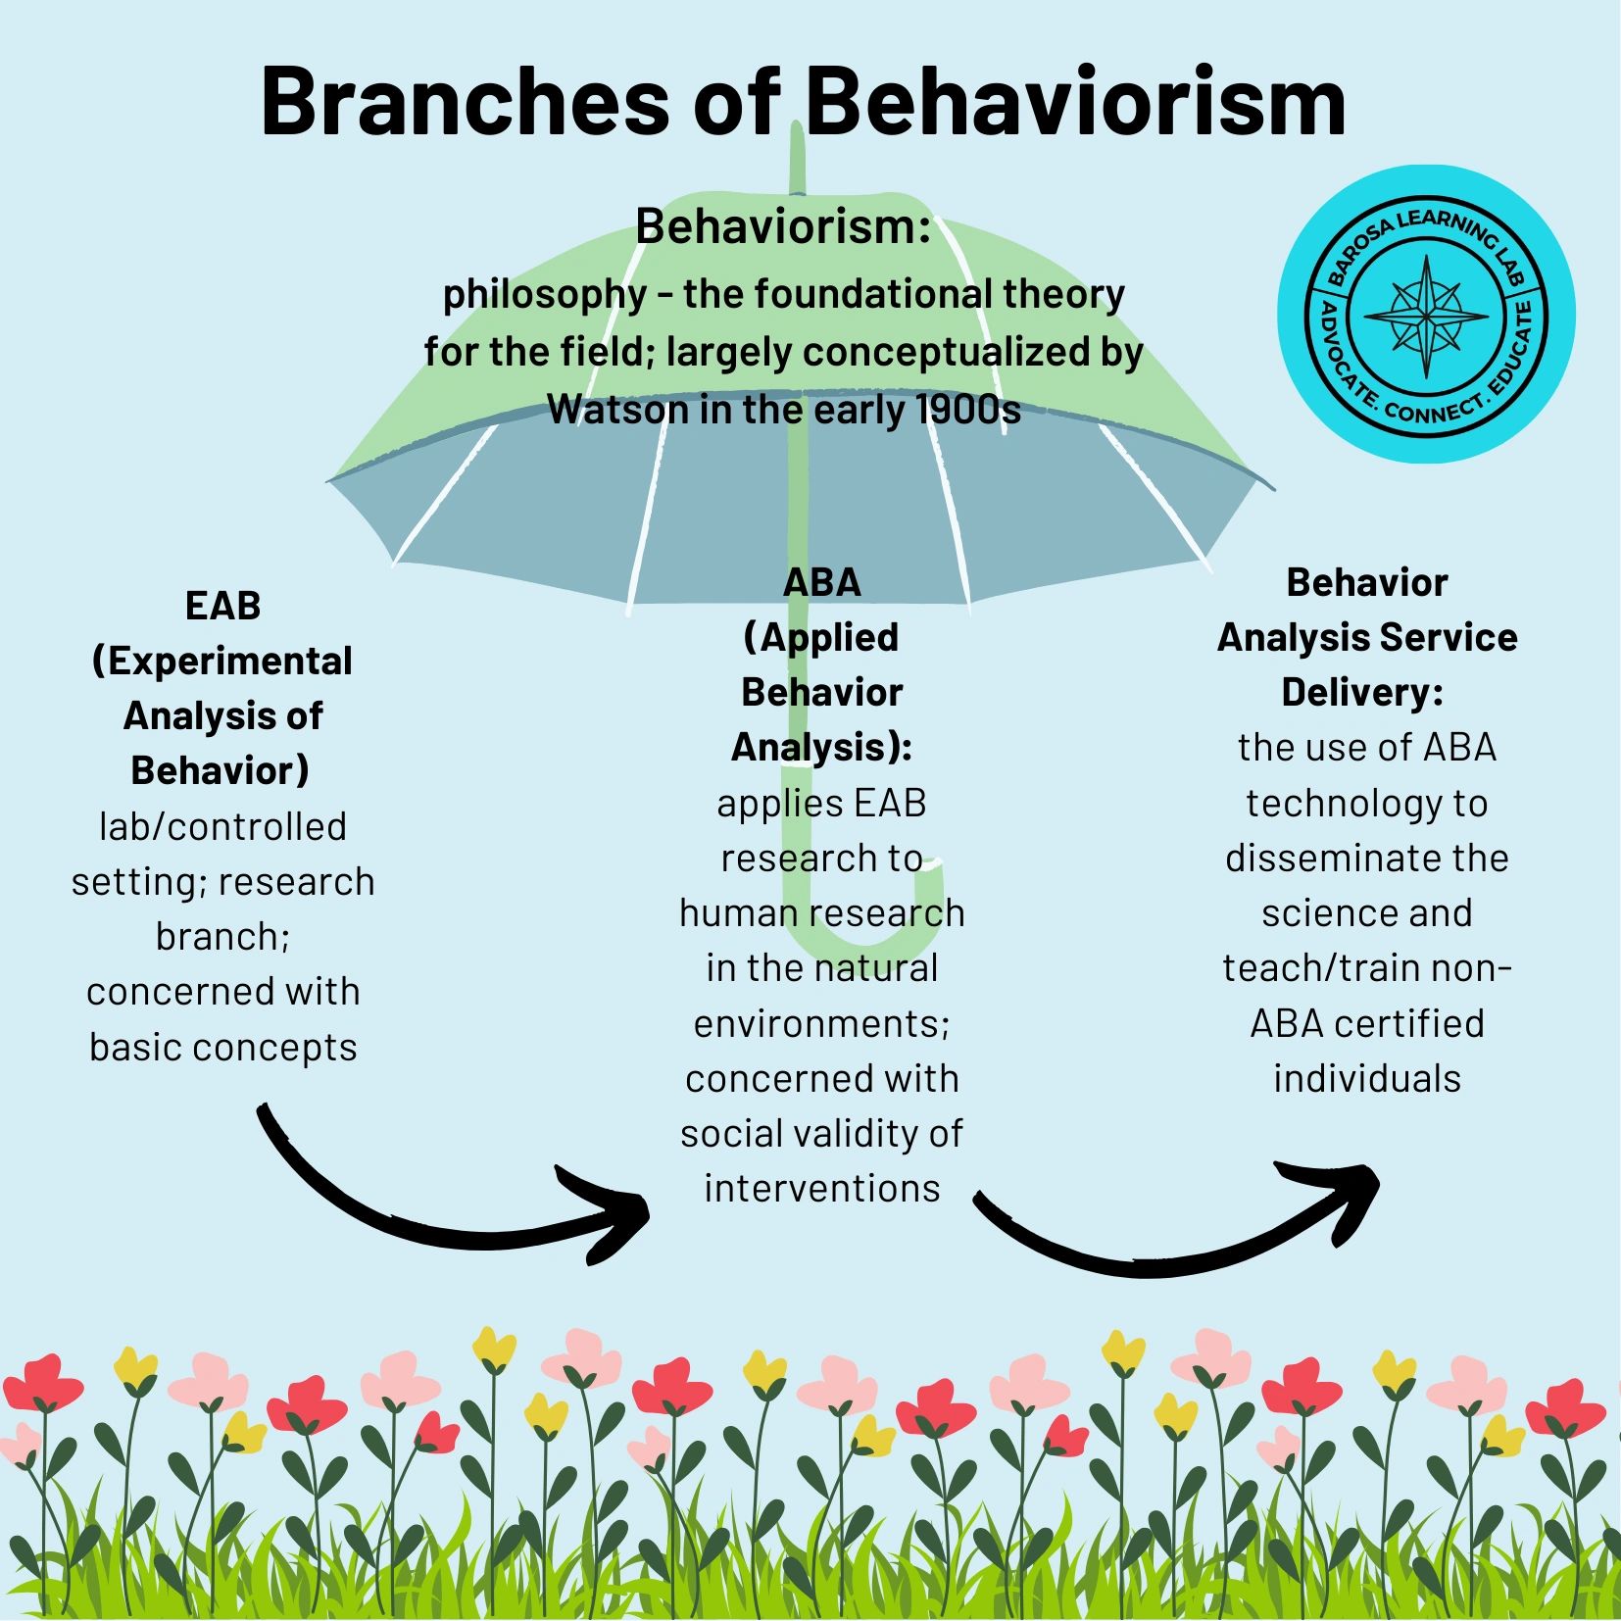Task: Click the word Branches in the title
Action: point(465,103)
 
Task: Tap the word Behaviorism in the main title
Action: point(1075,103)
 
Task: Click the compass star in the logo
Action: point(1426,316)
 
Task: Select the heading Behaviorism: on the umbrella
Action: point(782,227)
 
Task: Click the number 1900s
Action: point(967,410)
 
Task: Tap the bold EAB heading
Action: point(222,606)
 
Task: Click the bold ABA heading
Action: point(821,582)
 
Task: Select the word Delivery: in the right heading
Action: point(1361,692)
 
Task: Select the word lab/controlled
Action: point(222,826)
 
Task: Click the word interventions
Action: point(821,1188)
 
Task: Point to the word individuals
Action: point(1366,1078)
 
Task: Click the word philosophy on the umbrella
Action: point(545,294)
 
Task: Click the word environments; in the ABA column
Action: point(821,1023)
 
